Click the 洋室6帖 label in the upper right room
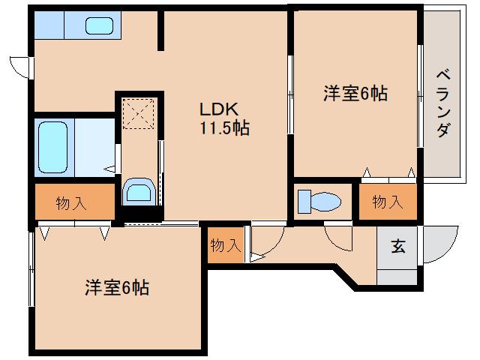355,94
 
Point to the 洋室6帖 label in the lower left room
116,287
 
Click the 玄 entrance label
397,247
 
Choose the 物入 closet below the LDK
225,244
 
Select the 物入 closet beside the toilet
388,201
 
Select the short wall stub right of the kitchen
160,30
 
